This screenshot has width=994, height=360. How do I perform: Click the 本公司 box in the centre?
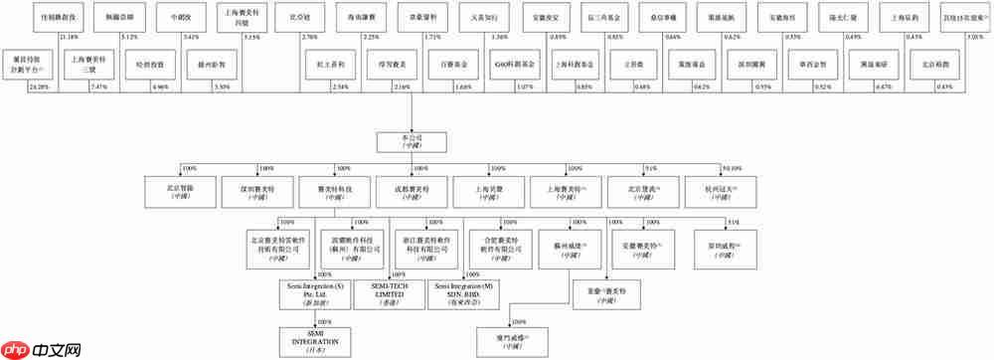pos(405,141)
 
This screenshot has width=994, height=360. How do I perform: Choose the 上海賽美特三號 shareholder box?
pos(92,63)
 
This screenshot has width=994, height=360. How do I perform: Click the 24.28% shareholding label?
pos(40,88)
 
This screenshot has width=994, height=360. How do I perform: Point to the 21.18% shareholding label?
pos(69,37)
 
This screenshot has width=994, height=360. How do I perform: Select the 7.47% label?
pos(98,88)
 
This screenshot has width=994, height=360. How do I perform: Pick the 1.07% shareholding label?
pos(525,88)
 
